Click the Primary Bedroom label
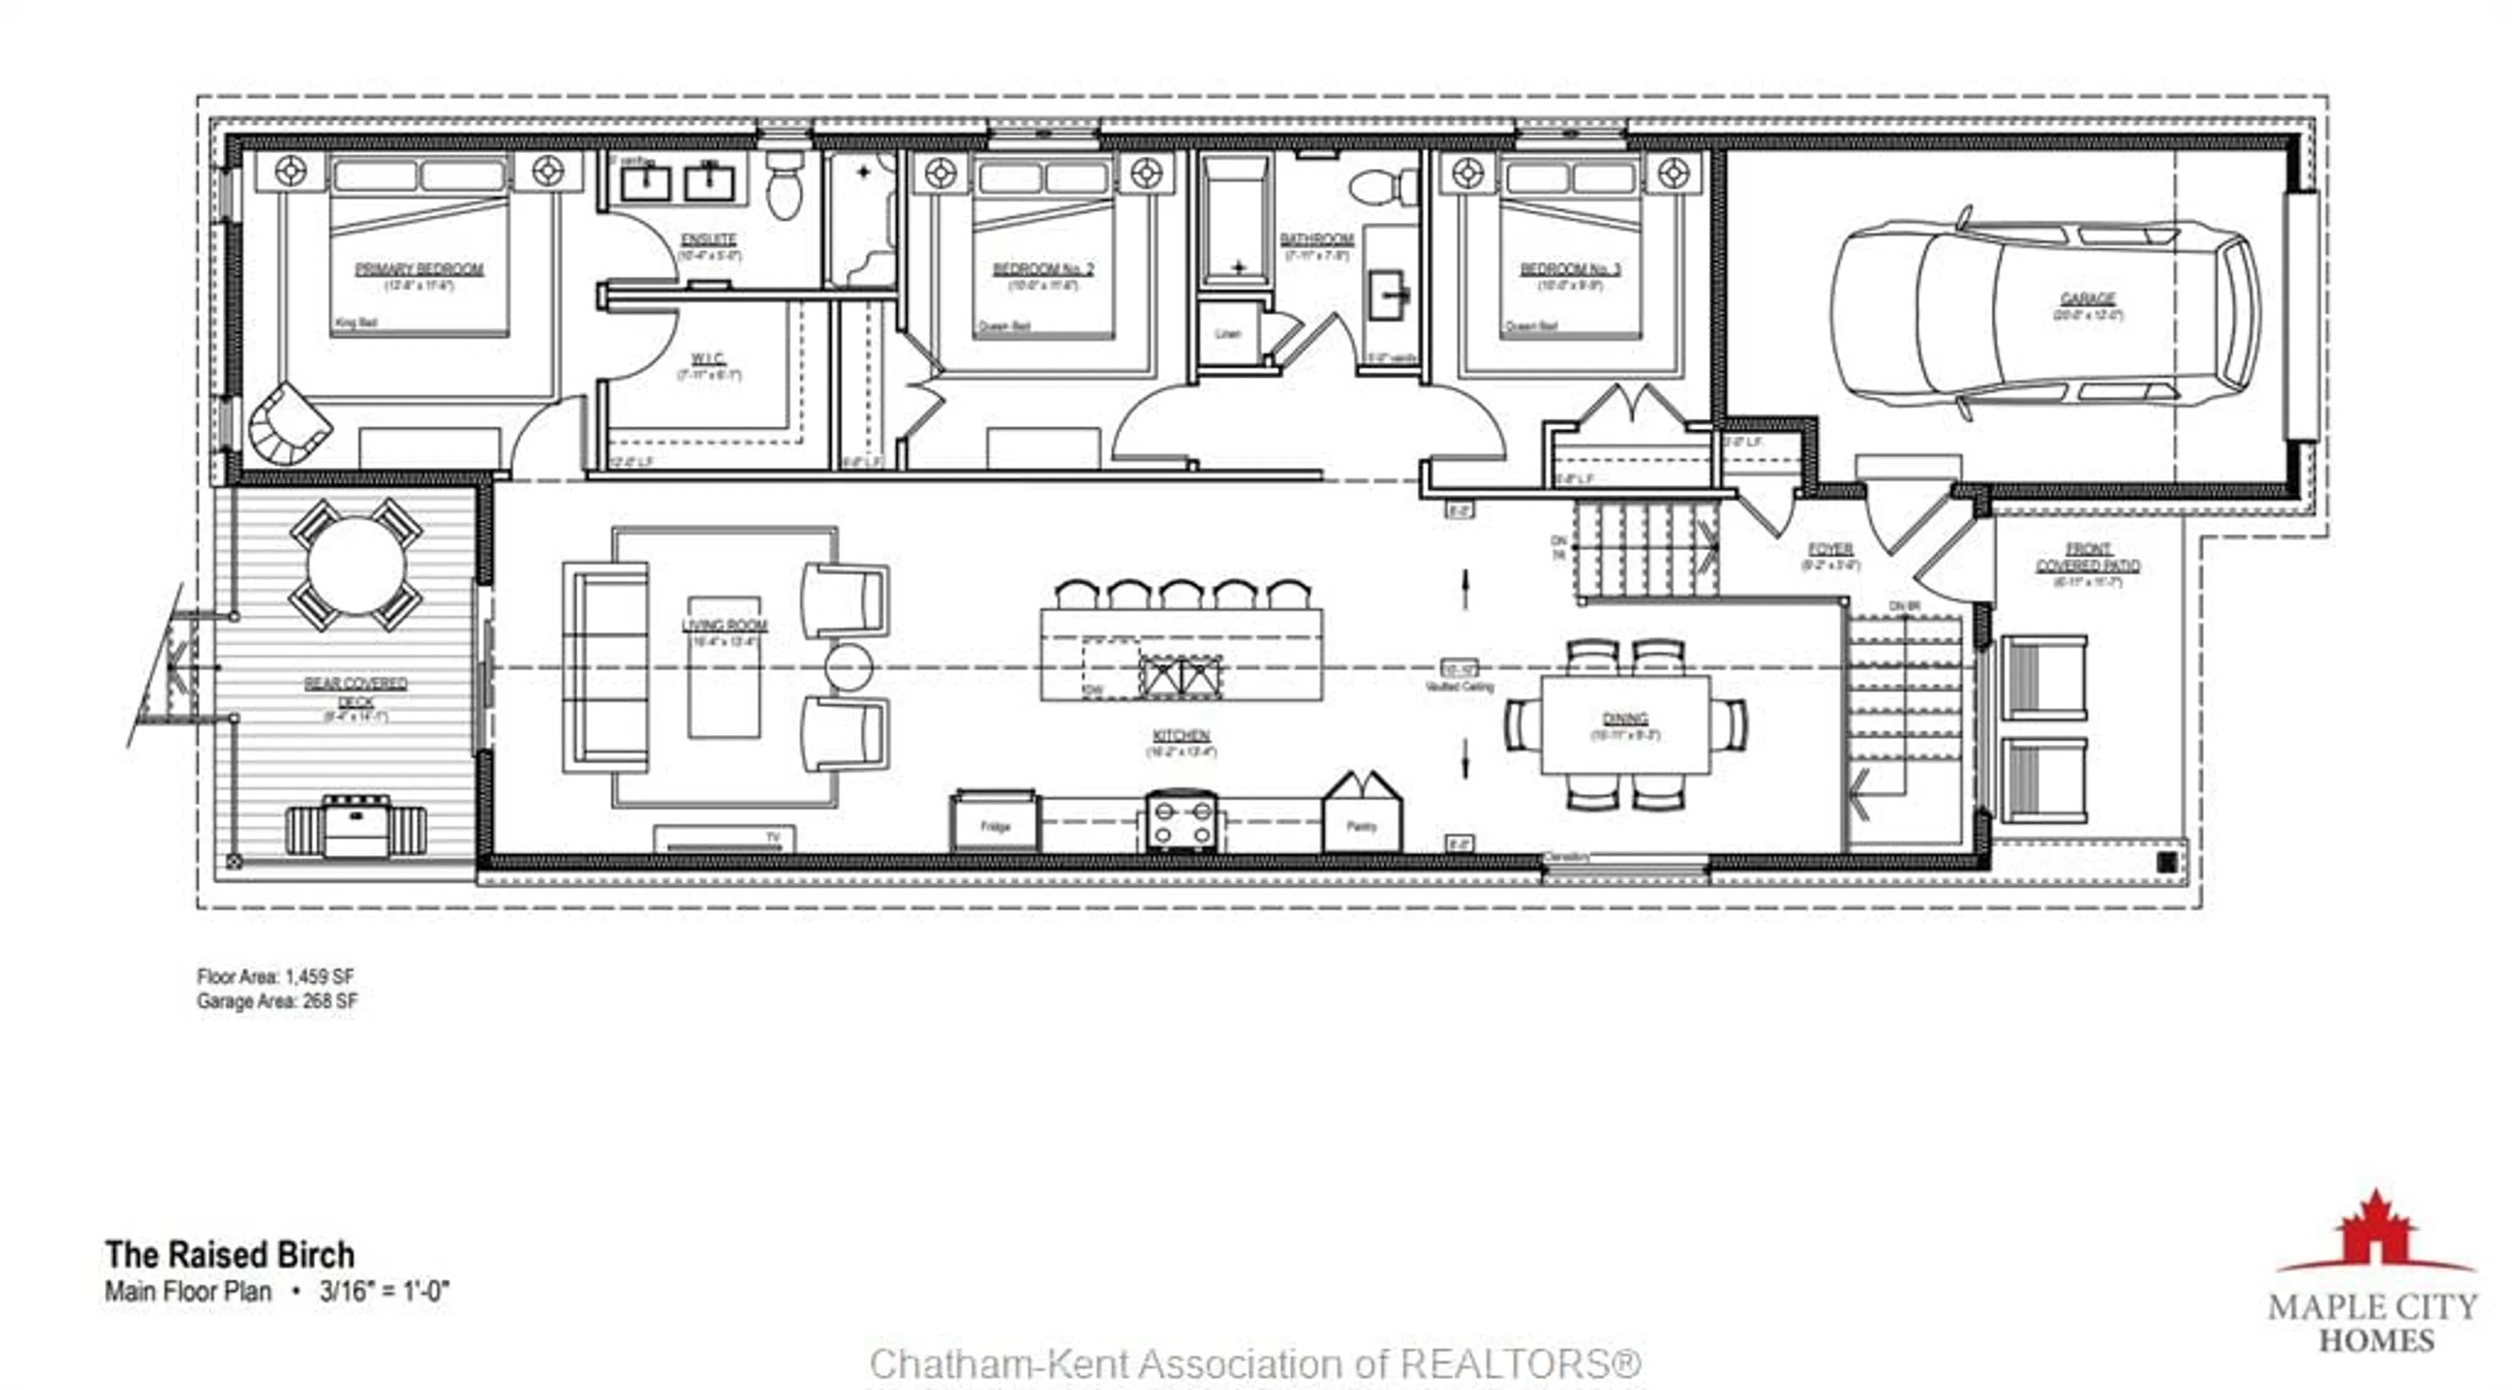(419, 269)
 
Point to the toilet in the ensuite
(783, 187)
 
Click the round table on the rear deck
(356, 566)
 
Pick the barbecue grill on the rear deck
(356, 826)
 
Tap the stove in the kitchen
(1180, 821)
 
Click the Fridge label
(994, 826)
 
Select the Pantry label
(1361, 826)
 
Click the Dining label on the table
(1624, 719)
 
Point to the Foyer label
(1830, 550)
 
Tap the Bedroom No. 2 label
(1043, 269)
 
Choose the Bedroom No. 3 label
(1570, 269)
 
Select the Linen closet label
(1228, 334)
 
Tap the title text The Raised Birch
(230, 1255)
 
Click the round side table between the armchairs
(847, 668)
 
